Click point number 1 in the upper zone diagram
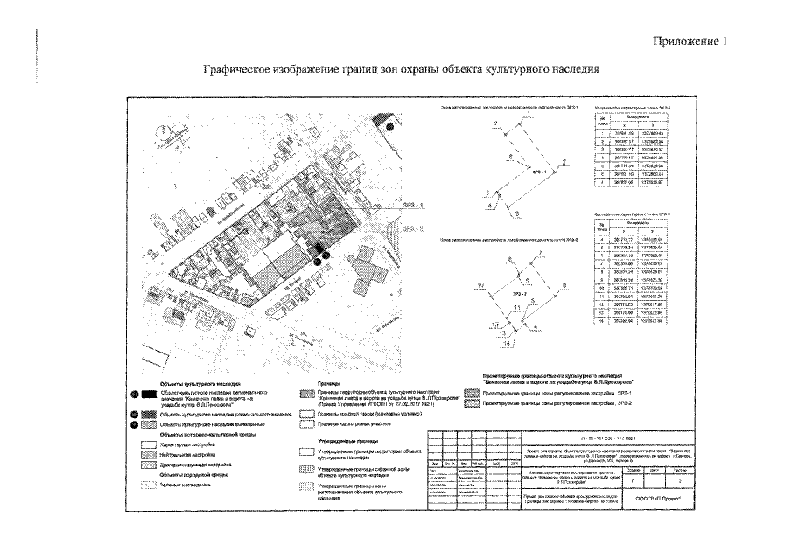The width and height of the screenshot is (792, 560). [x=529, y=116]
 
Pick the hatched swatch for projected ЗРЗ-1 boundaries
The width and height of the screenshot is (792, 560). [x=474, y=395]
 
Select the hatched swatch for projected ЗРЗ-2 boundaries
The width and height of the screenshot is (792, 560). [x=474, y=405]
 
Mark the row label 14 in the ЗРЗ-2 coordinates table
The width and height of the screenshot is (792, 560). [x=600, y=321]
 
